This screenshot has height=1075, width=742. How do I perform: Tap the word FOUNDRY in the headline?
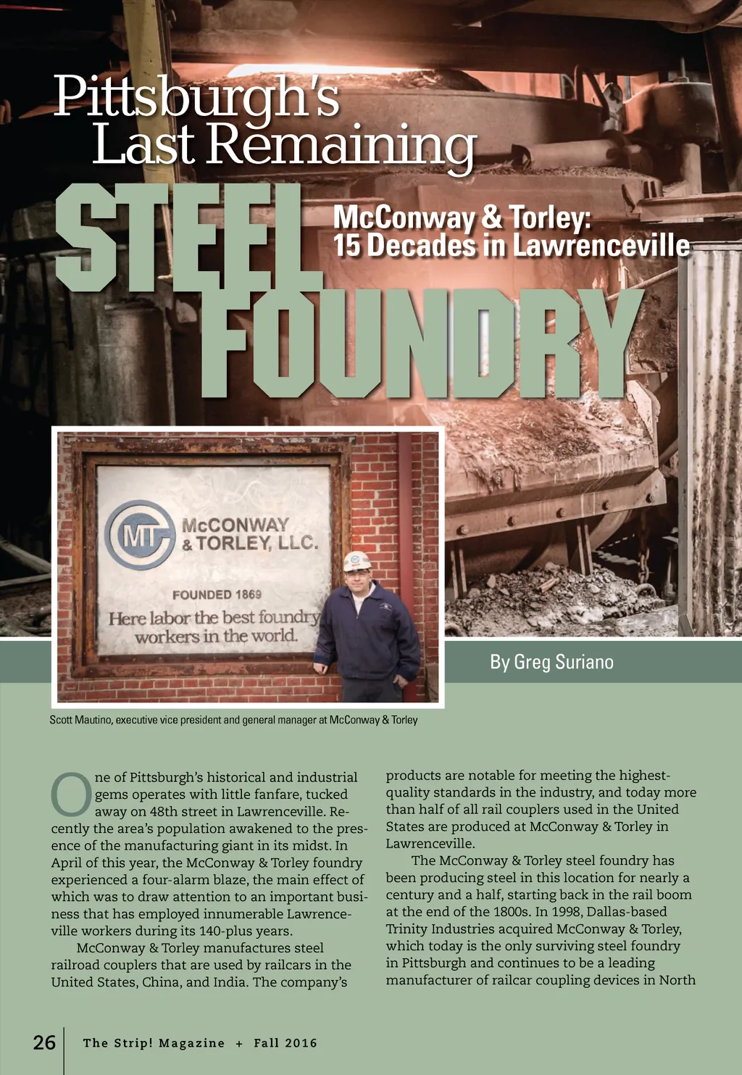click(420, 344)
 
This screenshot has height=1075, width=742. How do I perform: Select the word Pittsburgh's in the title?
click(196, 96)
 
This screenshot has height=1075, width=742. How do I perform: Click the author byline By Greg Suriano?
click(551, 662)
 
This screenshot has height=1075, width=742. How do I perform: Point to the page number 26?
click(44, 1042)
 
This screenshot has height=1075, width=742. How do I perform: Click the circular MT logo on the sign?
click(141, 535)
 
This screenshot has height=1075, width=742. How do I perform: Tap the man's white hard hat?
click(357, 561)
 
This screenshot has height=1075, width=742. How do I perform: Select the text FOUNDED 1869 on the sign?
click(217, 594)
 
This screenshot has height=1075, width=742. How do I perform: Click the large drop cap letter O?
click(70, 794)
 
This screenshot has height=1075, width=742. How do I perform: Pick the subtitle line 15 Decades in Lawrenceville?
click(511, 246)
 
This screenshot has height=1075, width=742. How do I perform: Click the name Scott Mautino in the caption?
click(80, 720)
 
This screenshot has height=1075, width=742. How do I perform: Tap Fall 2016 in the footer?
click(285, 1043)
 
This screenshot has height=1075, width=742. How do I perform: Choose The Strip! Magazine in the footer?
click(154, 1043)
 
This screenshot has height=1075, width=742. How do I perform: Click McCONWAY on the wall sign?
click(235, 525)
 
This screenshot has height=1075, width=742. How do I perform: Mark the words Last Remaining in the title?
click(283, 145)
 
